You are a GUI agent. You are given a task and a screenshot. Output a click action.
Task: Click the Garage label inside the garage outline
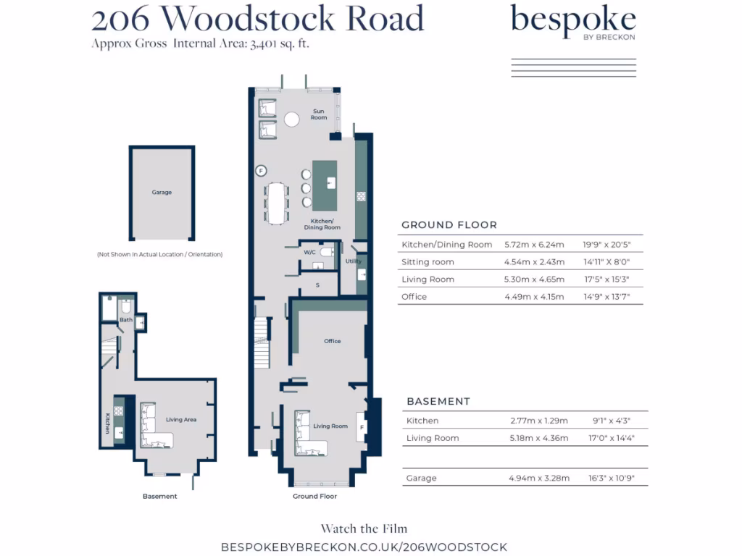pos(162,193)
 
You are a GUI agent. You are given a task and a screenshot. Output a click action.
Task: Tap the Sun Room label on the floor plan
pos(318,114)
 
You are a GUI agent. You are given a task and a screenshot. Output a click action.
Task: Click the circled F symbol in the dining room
pos(262,171)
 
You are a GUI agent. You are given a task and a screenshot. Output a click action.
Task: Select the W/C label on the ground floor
pos(310,252)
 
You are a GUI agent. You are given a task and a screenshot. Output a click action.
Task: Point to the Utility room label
pos(353,261)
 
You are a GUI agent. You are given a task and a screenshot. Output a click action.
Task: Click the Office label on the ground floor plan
pos(332,341)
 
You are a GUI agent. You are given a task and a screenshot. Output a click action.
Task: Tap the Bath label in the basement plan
pos(126,319)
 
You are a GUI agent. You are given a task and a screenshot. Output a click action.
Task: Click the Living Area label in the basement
pos(181,419)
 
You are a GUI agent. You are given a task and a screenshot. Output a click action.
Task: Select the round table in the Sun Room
pos(292,119)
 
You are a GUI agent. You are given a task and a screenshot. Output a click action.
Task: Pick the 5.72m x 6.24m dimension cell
pos(533,245)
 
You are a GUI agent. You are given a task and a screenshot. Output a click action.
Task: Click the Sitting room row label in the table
pos(428,262)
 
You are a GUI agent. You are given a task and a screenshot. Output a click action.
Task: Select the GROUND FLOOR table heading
pos(449,225)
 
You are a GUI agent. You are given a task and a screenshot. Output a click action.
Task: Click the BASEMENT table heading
pos(438,401)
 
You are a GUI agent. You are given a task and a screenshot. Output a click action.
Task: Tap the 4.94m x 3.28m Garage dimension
pos(539,479)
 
